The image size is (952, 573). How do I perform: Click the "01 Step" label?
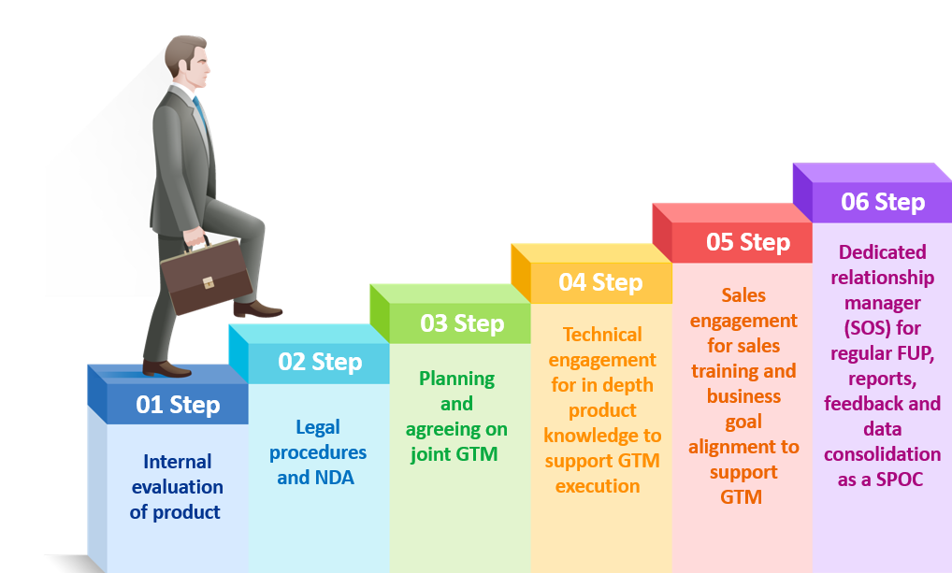[178, 405]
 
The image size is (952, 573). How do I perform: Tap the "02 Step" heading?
[320, 362]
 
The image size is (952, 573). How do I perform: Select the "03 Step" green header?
[462, 323]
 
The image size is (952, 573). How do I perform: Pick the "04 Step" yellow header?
[600, 283]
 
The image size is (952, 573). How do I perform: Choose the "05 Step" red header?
[748, 242]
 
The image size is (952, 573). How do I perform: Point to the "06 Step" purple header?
[883, 202]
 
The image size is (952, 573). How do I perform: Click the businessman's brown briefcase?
[207, 276]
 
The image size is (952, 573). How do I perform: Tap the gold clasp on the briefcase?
[209, 283]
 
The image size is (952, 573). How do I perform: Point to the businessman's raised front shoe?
[257, 309]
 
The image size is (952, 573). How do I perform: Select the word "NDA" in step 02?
[333, 478]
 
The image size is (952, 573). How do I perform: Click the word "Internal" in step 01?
[178, 462]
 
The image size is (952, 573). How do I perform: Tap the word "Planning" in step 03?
[456, 380]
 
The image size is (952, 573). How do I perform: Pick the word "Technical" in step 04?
[602, 335]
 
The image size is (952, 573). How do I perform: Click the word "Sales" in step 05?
[743, 295]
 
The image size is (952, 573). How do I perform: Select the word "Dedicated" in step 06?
[882, 251]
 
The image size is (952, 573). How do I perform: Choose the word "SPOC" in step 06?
[900, 480]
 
